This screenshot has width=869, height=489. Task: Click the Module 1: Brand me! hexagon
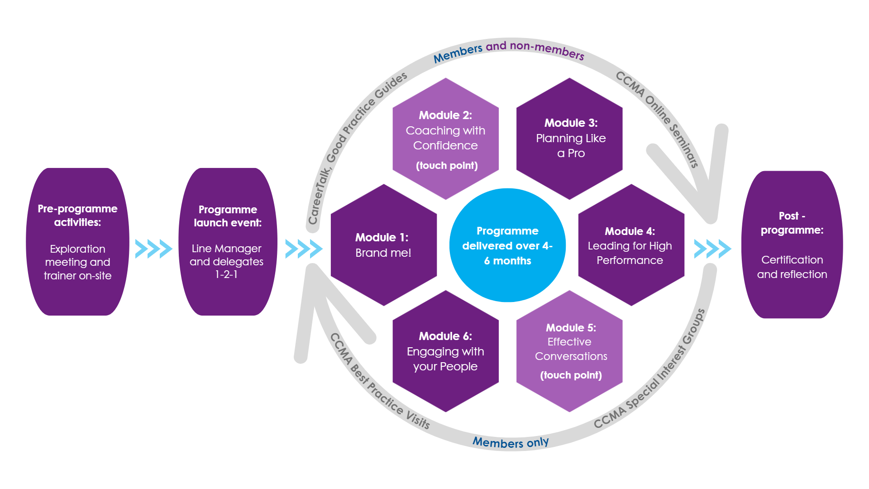pos(383,245)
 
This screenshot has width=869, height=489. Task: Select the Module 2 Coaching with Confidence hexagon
pos(445,139)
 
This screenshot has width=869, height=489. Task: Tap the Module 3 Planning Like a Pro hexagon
pos(569,139)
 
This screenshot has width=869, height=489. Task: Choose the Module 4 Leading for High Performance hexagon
pos(631,245)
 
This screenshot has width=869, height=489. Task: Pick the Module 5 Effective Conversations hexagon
pos(569,351)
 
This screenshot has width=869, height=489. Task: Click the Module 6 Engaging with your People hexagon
pos(445,351)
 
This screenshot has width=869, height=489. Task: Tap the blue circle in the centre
pos(507,245)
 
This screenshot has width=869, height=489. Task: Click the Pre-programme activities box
pos(77,242)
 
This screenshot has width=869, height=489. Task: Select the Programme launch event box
pos(227,242)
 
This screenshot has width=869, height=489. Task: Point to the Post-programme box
pos(792,244)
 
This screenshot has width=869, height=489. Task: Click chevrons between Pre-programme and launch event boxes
pos(154,249)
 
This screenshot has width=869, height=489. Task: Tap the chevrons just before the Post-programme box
pos(712,249)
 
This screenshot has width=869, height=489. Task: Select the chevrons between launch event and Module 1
pos(304,249)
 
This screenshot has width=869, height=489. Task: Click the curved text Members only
pos(511,442)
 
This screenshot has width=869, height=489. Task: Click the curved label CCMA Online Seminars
pos(658,117)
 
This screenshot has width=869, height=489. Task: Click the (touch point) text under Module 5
pos(571,375)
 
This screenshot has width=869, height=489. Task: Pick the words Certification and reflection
pos(792,267)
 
